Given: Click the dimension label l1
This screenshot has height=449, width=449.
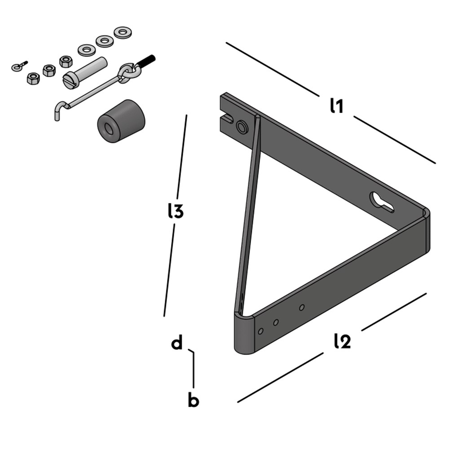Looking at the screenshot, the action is [336, 106].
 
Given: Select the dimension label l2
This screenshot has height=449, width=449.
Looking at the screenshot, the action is [342, 341].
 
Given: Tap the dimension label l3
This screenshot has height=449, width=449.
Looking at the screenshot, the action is [176, 211].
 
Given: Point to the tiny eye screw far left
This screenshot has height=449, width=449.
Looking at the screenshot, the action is [19, 66].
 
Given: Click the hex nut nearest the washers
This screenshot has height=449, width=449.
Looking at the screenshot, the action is [66, 62].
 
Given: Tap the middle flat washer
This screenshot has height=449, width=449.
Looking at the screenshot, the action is [105, 41].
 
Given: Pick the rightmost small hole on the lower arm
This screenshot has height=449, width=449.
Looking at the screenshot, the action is [302, 308].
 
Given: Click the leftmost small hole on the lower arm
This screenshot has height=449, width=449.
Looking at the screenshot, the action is [260, 331].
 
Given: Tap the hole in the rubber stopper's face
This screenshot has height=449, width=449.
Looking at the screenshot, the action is [109, 128].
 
